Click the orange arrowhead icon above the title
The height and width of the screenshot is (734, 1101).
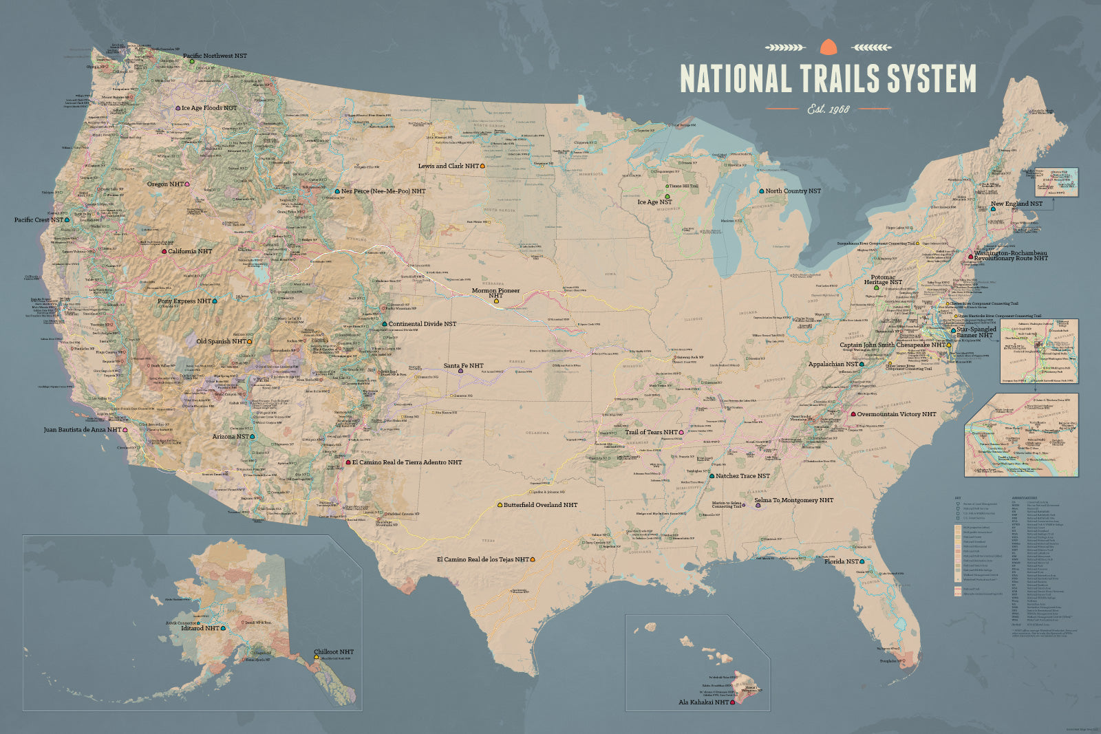click(829, 47)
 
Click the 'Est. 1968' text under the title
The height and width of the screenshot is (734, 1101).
click(829, 109)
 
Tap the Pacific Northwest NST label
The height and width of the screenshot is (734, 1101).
click(214, 56)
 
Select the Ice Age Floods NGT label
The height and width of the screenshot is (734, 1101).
click(209, 108)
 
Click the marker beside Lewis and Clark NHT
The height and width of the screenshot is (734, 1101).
click(484, 166)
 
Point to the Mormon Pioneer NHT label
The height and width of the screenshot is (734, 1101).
click(495, 291)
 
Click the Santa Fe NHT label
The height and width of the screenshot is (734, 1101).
click(463, 366)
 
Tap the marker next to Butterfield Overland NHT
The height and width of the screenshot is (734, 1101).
click(500, 505)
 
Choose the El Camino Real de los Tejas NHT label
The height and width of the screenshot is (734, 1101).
click(482, 560)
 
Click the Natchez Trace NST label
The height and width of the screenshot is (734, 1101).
click(742, 476)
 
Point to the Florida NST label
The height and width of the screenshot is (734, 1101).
click(841, 562)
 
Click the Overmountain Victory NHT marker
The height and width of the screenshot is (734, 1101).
click(853, 415)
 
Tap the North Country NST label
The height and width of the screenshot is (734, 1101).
click(793, 191)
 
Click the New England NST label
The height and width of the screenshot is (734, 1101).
click(1016, 204)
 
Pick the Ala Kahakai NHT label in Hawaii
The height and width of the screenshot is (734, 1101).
click(703, 702)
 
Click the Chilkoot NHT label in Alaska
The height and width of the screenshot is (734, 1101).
click(334, 651)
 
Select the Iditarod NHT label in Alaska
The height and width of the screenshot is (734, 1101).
click(201, 628)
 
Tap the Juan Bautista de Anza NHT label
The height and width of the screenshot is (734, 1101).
click(82, 430)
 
